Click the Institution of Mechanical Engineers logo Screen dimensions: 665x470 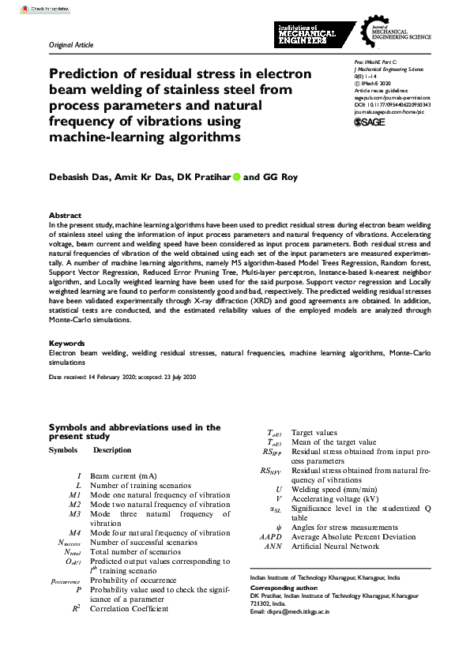click(x=307, y=36)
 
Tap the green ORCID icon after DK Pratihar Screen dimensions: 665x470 click(x=235, y=178)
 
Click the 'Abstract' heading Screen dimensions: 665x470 click(x=65, y=216)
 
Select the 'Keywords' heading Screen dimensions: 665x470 click(x=67, y=344)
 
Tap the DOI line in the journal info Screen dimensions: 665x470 click(x=392, y=103)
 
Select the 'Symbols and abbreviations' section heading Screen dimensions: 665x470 click(x=134, y=431)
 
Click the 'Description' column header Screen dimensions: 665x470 click(x=112, y=449)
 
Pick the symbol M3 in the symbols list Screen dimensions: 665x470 click(x=75, y=513)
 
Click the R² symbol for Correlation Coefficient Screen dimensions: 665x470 click(x=76, y=609)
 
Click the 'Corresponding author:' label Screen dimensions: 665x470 click(x=282, y=588)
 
